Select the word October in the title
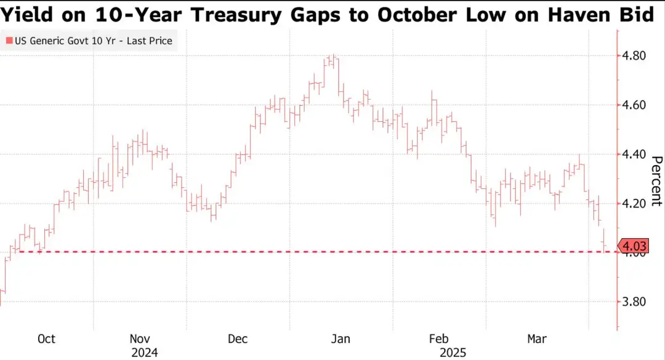pyautogui.click(x=415, y=14)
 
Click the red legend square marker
pyautogui.click(x=8, y=42)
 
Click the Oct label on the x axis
pyautogui.click(x=46, y=339)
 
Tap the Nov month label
pyautogui.click(x=141, y=339)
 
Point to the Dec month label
pyautogui.click(x=238, y=339)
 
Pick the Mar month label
pyautogui.click(x=537, y=339)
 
